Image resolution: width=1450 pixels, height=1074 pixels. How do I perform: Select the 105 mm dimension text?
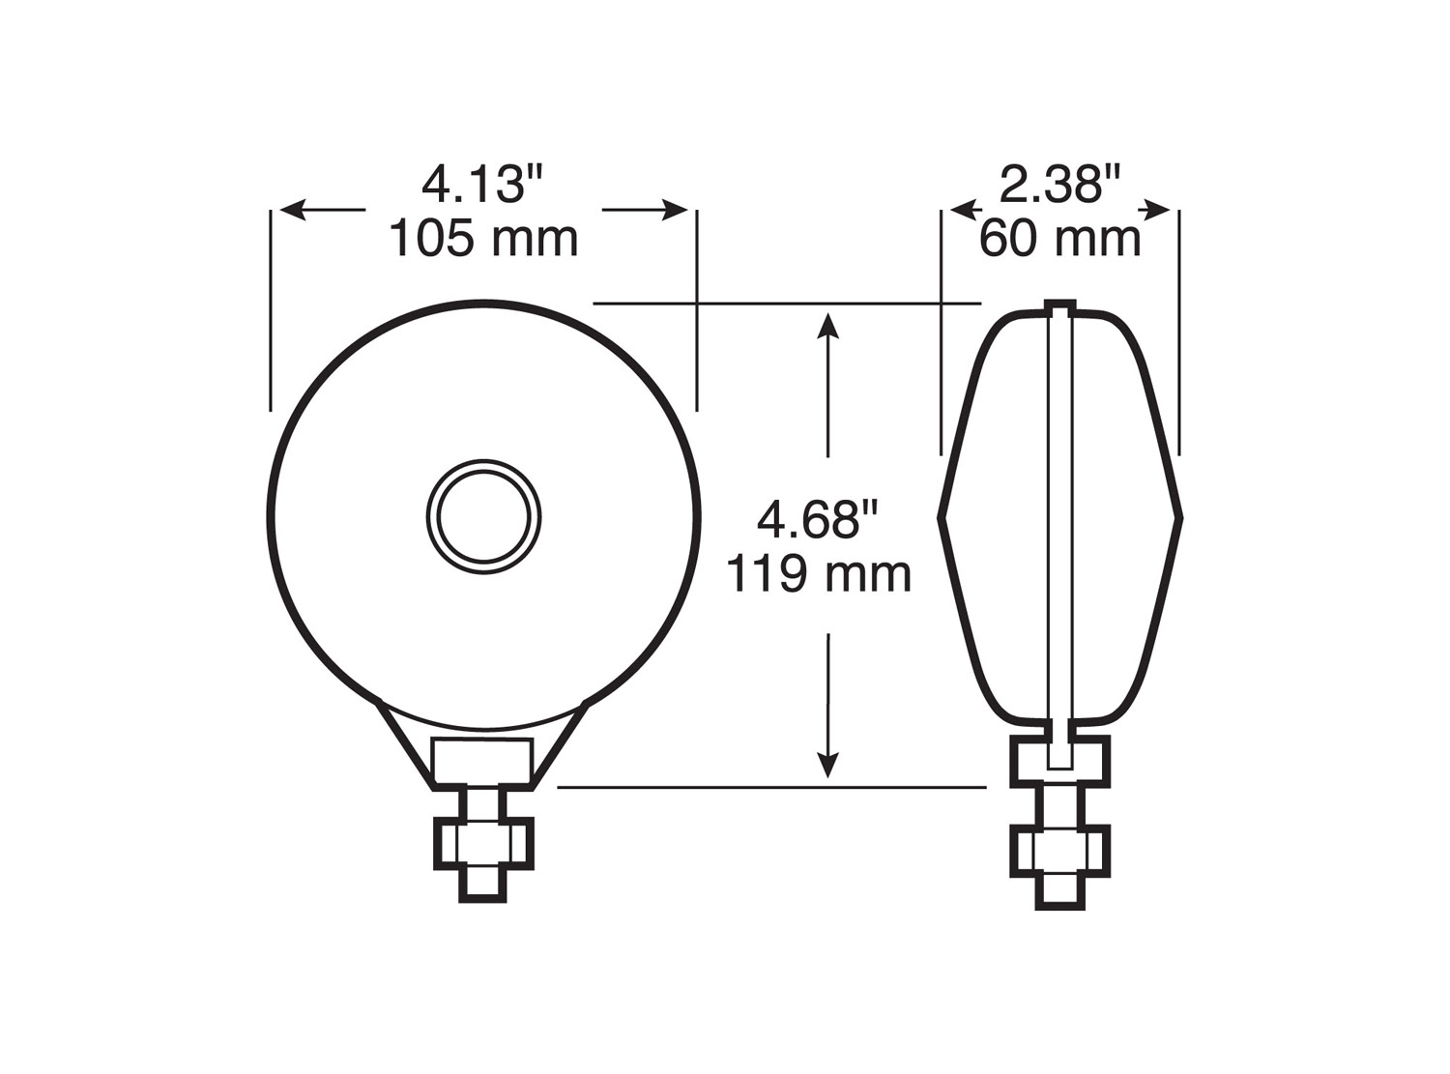[483, 238]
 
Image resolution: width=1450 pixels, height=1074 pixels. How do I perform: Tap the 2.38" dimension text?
[1059, 184]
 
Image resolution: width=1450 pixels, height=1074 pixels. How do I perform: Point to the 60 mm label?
[1059, 238]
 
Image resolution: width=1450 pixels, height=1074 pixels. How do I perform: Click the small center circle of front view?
[483, 518]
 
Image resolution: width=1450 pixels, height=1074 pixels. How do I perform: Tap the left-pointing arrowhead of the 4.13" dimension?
[291, 210]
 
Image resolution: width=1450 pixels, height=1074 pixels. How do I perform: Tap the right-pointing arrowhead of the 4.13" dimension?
[676, 210]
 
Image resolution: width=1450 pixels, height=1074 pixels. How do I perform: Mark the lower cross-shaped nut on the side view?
[1059, 851]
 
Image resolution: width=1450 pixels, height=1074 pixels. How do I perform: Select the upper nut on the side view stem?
[1059, 762]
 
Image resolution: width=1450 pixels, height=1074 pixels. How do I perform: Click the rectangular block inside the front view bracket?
[483, 762]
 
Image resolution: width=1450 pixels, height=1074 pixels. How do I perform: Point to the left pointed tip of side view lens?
[942, 518]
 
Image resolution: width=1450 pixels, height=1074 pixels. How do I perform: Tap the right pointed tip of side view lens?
[1179, 518]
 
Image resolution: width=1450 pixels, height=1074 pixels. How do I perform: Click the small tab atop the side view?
[1060, 308]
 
